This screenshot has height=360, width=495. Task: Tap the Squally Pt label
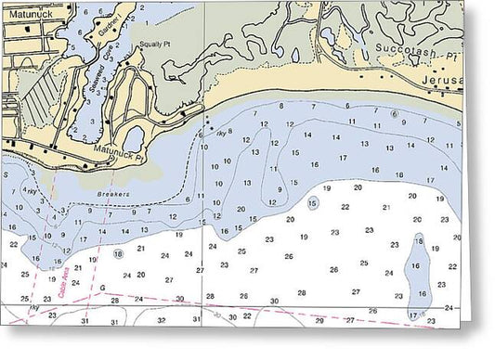155,44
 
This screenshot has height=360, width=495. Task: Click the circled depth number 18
118,253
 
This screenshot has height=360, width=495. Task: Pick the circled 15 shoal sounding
313,202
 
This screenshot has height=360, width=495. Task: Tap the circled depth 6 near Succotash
394,114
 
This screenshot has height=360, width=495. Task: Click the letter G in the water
102,287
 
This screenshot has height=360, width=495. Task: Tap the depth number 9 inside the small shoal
279,188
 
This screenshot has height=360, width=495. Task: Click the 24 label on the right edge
449,307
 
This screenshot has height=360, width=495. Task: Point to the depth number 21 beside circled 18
141,249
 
